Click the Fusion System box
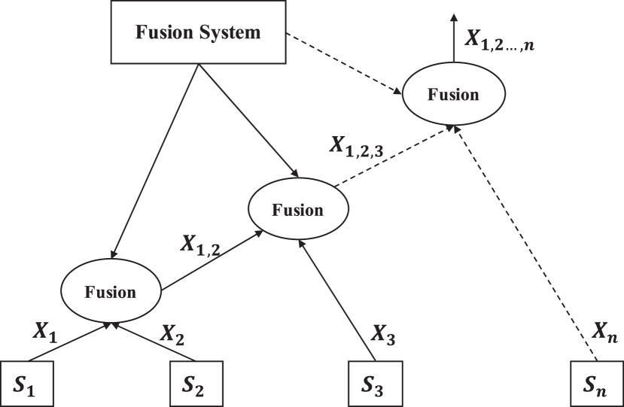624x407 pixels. point(198,33)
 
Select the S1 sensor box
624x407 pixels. point(26,384)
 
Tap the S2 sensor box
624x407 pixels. point(197,384)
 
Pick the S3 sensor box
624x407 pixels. point(375,384)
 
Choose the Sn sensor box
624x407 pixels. point(595,384)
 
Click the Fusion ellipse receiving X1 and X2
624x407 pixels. point(111,292)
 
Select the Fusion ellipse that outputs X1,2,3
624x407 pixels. point(297,209)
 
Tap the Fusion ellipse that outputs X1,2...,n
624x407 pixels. point(452,94)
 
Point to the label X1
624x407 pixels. point(45,332)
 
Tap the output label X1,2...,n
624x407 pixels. point(498,40)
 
